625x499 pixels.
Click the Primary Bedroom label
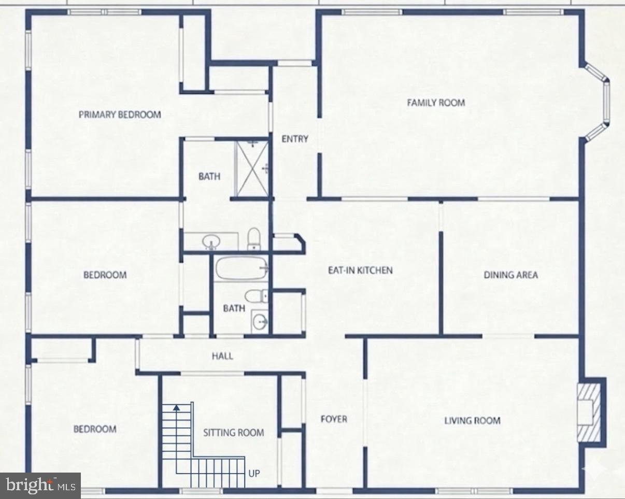coord(120,115)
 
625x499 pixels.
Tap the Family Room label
coord(435,103)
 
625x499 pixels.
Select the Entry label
coord(295,139)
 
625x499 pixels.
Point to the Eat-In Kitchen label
coord(360,270)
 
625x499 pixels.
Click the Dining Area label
coord(510,275)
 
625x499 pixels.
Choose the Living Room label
coord(472,420)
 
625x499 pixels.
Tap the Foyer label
coord(333,419)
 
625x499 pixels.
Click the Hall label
coord(222,356)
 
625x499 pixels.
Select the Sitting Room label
coord(233,432)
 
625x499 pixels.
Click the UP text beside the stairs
coord(254,473)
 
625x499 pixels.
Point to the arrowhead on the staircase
coord(177,407)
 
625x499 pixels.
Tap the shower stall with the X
coord(251,168)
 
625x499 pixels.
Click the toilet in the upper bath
coord(253,239)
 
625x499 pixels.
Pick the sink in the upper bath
coord(211,241)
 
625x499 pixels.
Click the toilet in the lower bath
coord(255,297)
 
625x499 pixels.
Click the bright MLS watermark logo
coord(40,486)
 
